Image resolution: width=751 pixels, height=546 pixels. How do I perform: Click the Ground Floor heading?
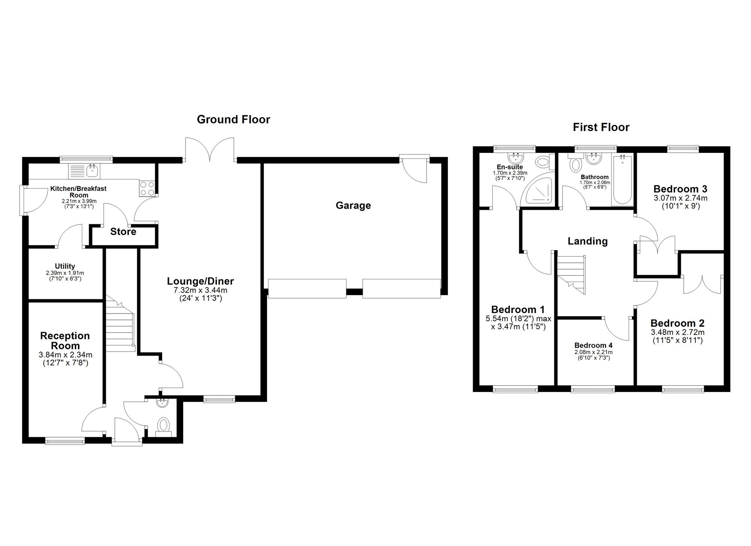click(233, 119)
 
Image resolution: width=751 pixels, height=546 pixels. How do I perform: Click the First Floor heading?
click(601, 127)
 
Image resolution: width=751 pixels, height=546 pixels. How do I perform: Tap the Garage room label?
click(353, 205)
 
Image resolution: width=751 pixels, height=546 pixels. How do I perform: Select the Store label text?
click(123, 232)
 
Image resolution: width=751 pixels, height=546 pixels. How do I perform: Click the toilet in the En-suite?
click(543, 163)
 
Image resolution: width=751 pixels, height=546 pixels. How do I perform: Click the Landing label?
click(587, 241)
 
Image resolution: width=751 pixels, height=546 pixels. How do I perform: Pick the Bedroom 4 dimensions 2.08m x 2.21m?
click(593, 352)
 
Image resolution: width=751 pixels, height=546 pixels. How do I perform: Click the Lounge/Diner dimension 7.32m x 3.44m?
click(200, 290)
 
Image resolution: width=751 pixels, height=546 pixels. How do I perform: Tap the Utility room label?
click(65, 266)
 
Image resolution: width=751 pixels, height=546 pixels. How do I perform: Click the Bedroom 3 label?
click(680, 189)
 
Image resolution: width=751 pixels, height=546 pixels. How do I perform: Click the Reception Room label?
click(65, 341)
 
